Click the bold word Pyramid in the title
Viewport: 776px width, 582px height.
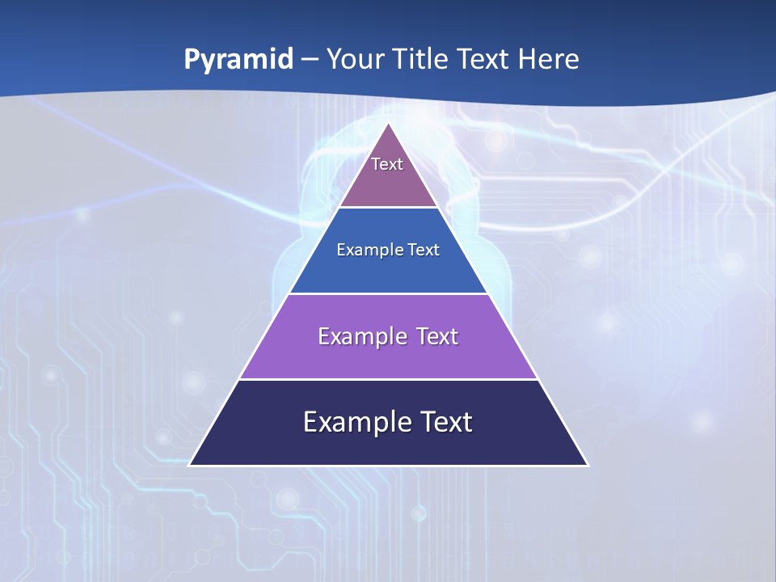(238, 60)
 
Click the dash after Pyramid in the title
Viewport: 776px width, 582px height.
(309, 60)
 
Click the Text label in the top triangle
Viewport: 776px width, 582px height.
(387, 164)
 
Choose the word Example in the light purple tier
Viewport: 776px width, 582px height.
(361, 336)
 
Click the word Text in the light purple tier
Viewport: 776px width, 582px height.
(437, 336)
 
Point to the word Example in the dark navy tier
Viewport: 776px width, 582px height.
(352, 422)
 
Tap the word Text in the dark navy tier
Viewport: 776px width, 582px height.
(445, 422)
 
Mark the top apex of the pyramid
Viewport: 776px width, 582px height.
(389, 124)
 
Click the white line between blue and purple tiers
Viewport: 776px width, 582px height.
(389, 293)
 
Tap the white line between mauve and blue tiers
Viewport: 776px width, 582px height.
(389, 207)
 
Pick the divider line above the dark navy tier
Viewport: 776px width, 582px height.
(389, 379)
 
